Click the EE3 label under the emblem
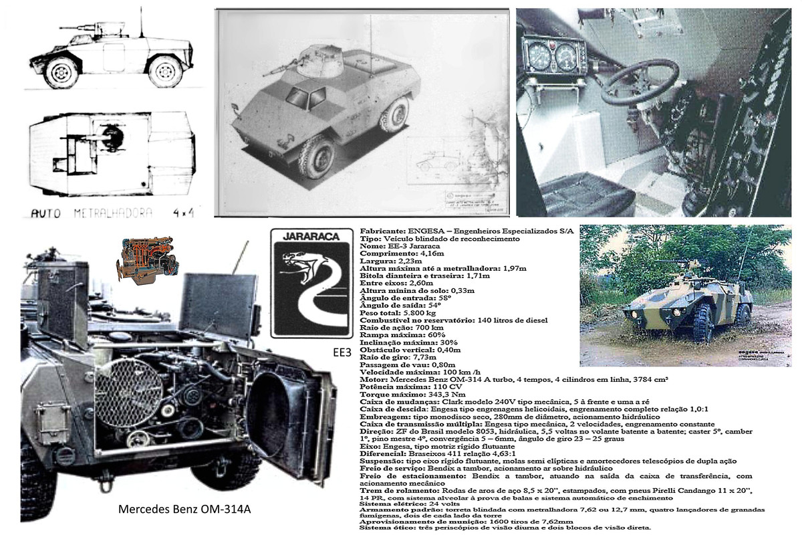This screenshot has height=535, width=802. click(341, 351)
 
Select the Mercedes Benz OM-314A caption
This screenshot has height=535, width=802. click(184, 509)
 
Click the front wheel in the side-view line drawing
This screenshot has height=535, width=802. click(61, 72)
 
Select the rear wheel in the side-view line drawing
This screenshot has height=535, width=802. click(165, 72)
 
